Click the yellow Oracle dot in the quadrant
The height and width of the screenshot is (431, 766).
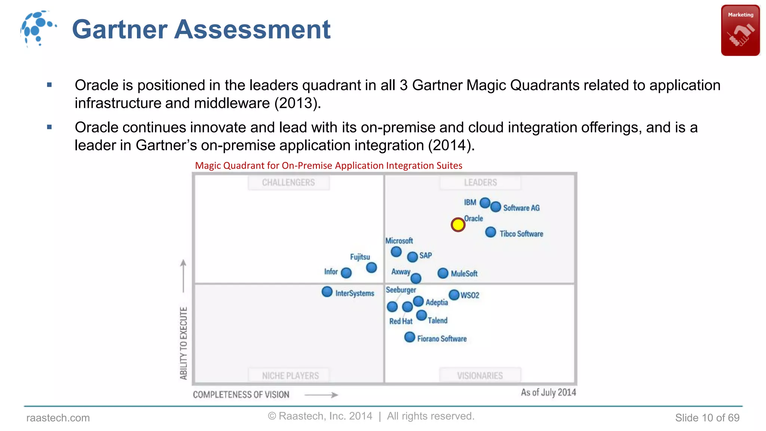click(458, 225)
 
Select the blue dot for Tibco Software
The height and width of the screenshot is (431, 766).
click(490, 232)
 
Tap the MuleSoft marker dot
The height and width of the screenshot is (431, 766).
click(443, 273)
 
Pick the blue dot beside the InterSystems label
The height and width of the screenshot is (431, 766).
click(327, 292)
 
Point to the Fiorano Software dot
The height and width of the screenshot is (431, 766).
click(410, 337)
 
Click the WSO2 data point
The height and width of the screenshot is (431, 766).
click(454, 295)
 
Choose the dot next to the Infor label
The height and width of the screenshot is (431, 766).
click(346, 273)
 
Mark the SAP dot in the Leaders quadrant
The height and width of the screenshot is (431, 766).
click(412, 257)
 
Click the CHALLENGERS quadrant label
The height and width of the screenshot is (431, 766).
click(288, 183)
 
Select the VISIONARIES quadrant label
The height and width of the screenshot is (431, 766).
click(480, 375)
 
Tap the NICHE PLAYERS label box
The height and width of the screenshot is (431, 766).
click(290, 375)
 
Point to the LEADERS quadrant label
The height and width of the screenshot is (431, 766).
click(480, 183)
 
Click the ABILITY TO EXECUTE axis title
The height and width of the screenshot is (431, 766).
click(183, 343)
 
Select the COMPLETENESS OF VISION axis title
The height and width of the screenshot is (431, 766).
click(241, 395)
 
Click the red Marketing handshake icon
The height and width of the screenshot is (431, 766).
click(740, 31)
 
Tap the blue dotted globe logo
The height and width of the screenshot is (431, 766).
click(38, 28)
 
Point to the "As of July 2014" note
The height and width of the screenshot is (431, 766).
click(548, 392)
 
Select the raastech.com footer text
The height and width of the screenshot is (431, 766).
click(58, 418)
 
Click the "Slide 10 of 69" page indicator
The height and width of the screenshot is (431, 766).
click(707, 418)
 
